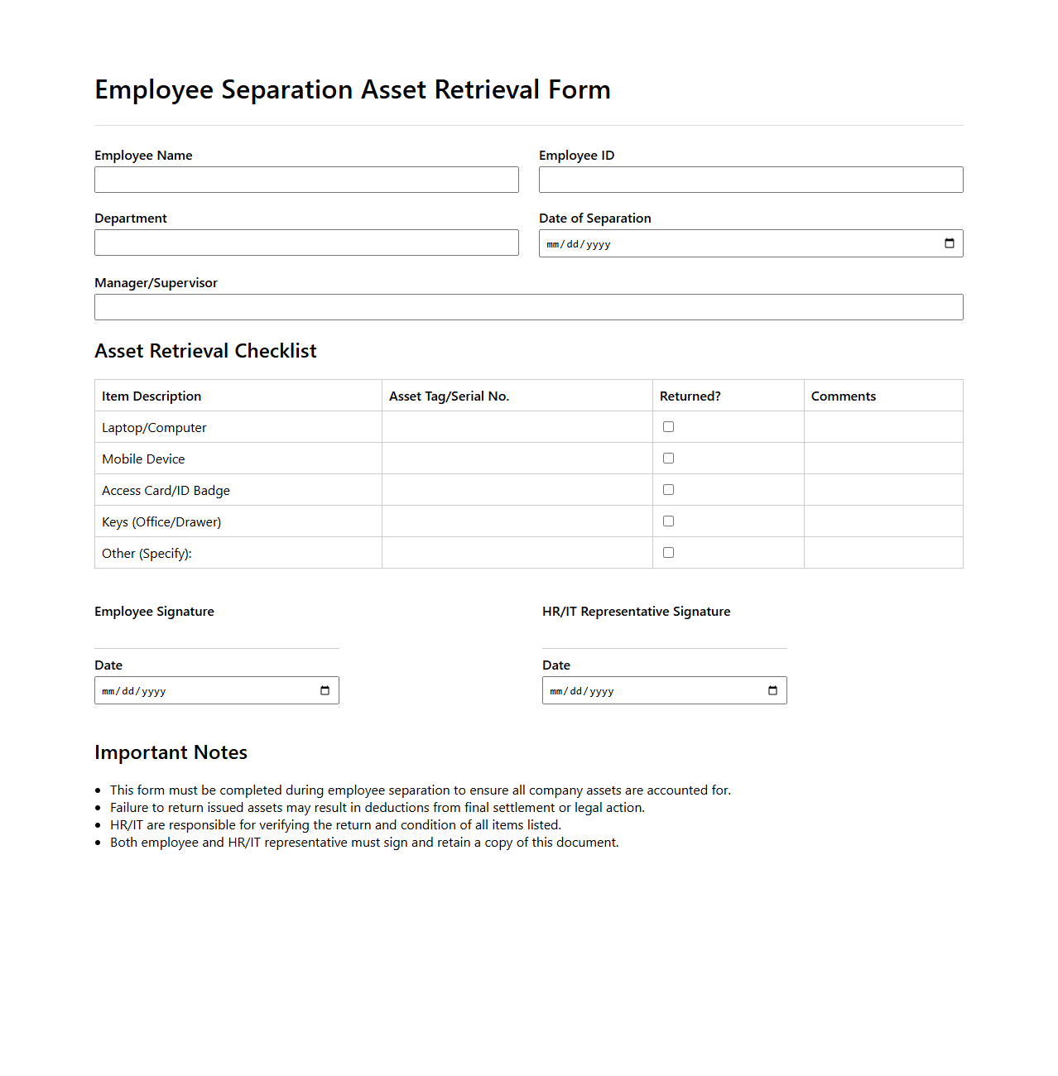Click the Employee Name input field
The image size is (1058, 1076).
306,180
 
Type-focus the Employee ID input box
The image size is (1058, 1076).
751,180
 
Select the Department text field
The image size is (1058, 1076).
306,243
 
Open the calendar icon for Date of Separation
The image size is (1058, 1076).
949,243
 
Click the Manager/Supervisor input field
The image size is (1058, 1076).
528,307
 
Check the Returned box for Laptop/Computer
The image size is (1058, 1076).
668,427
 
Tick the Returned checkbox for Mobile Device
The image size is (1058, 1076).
668,459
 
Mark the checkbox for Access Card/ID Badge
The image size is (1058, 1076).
668,490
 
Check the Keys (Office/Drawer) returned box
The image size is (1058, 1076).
668,521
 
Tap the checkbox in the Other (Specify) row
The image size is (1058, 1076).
668,553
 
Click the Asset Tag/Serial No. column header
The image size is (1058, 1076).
449,396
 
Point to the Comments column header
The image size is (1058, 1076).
843,396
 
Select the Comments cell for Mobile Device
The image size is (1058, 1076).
882,459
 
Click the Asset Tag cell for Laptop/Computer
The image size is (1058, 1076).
517,427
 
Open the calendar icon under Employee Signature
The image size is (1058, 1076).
325,690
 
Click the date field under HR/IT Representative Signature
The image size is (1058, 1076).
654,690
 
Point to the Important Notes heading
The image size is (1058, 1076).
171,752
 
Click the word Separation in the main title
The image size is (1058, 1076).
287,89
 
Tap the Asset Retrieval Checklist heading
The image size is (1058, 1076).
205,351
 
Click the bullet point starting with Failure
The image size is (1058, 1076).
377,808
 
